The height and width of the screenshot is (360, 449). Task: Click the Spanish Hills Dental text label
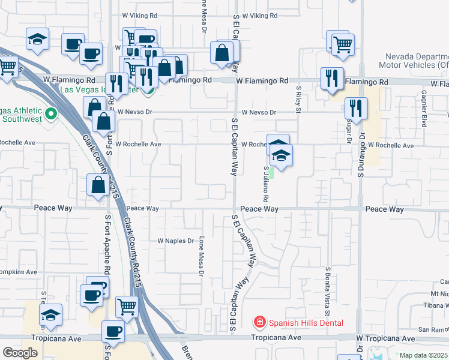click(306, 323)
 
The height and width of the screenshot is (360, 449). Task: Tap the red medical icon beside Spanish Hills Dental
click(259, 323)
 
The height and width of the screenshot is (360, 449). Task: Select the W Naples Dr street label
click(175, 241)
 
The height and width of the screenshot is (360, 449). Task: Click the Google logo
click(20, 353)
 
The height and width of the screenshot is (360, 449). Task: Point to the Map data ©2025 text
click(424, 355)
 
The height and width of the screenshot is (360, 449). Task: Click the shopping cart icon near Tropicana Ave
click(127, 307)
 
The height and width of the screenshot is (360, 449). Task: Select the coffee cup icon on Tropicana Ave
click(113, 331)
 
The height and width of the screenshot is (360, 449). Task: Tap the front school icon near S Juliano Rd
click(281, 156)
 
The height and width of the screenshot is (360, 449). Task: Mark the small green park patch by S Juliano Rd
click(271, 173)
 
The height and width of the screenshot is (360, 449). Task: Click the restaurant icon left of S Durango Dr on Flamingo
click(332, 79)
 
